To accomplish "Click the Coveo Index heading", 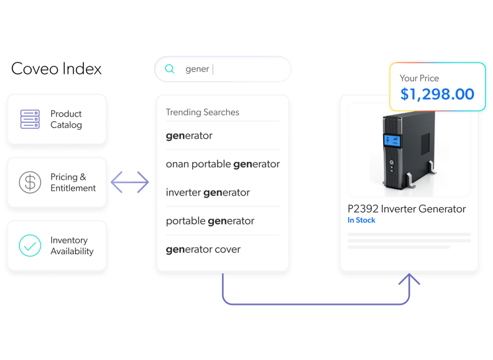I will [56, 69].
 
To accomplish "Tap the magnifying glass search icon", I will [169, 69].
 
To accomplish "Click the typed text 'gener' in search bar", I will [197, 69].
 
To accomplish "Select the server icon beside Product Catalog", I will [30, 119].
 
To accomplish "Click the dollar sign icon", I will [30, 182].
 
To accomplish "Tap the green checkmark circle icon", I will [30, 245].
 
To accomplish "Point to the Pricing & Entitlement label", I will [73, 182].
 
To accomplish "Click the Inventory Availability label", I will [72, 245].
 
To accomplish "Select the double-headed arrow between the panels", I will [130, 182].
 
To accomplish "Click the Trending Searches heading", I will [202, 112].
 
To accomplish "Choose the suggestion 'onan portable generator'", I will [222, 164].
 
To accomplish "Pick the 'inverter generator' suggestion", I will [208, 193].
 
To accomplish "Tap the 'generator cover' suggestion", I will [203, 249].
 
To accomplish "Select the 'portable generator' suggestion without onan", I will [210, 221].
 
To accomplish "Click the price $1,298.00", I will [437, 94].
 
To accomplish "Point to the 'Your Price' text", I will [419, 78].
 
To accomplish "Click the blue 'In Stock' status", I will [361, 220].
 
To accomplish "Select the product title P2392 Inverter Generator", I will [406, 209].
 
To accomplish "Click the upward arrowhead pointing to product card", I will [410, 279].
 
